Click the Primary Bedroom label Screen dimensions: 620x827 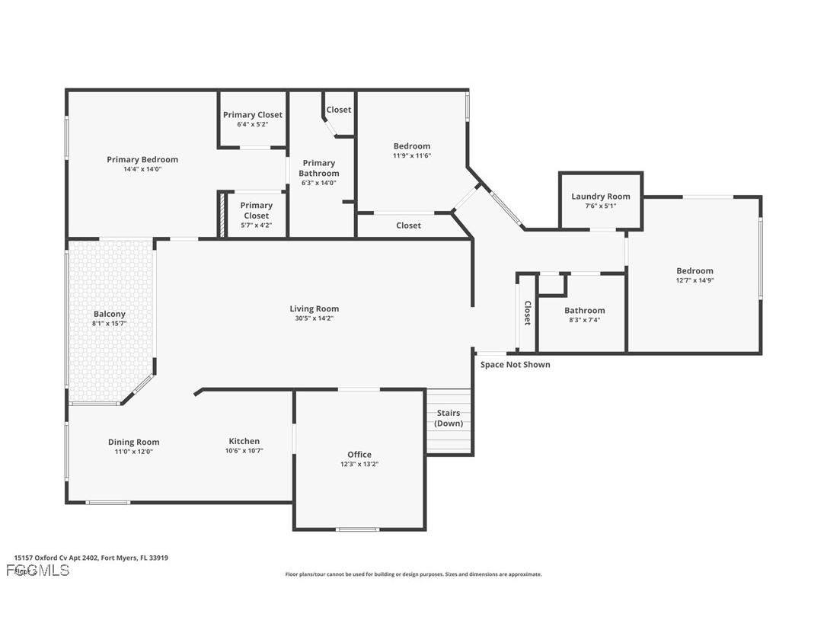click(142, 160)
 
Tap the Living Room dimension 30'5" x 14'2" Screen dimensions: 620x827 click(314, 318)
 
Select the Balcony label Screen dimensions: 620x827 click(110, 314)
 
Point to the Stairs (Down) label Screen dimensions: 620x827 click(449, 418)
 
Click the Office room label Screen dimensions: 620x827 click(359, 455)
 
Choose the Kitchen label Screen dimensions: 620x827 click(244, 441)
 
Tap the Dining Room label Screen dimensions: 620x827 click(133, 442)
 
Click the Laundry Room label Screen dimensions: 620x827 click(601, 197)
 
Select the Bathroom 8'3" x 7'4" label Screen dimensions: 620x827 click(585, 310)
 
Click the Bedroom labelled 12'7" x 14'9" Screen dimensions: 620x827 click(694, 271)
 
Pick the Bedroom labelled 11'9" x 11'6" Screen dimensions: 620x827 click(412, 146)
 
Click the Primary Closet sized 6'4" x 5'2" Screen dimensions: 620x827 click(253, 115)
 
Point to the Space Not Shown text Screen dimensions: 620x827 click(515, 365)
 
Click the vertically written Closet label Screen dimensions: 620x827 click(527, 313)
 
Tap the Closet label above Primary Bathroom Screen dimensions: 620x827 click(339, 110)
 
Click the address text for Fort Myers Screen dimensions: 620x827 click(91, 558)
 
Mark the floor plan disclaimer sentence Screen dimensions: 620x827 click(413, 574)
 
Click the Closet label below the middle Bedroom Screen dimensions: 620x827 click(409, 225)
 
